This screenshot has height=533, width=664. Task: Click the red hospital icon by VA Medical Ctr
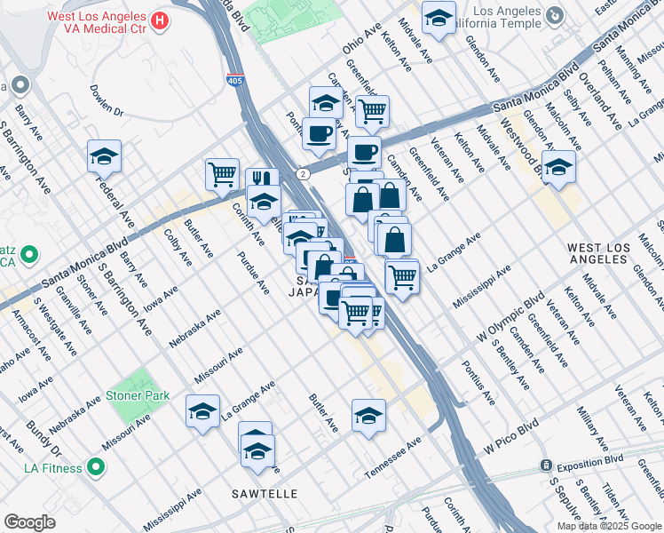160,20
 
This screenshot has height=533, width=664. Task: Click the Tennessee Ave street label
391,457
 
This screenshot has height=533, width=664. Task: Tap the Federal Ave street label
113,201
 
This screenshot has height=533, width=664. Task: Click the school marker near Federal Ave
104,156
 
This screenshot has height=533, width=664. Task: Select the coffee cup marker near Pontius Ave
319,133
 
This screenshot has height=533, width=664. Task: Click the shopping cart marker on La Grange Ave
403,275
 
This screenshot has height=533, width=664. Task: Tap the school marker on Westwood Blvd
558,166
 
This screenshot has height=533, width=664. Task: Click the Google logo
29,522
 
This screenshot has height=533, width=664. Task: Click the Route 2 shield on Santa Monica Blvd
304,174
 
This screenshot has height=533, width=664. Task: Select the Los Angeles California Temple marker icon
555,15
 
